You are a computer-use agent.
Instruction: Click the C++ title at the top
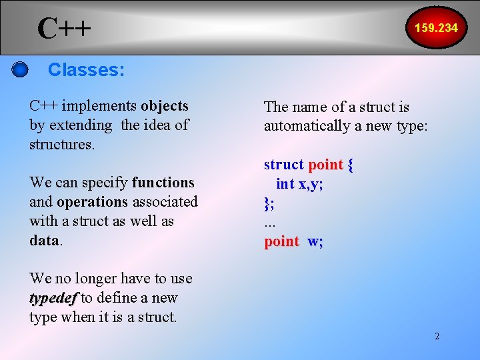click(x=64, y=29)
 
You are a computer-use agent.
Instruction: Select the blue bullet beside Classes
click(x=20, y=70)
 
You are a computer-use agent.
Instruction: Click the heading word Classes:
click(x=86, y=69)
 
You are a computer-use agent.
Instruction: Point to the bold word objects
click(x=165, y=106)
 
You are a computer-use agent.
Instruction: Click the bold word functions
click(x=163, y=183)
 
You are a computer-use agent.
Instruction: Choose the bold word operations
click(x=92, y=201)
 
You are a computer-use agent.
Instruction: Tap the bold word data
click(x=44, y=240)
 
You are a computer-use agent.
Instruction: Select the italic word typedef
click(x=53, y=298)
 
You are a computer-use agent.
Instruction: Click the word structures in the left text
click(x=61, y=144)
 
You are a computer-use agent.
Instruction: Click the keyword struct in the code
click(x=283, y=165)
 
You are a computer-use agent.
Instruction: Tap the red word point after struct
click(x=325, y=165)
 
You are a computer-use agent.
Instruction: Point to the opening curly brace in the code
click(x=351, y=165)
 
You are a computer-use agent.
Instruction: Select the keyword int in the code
click(x=285, y=184)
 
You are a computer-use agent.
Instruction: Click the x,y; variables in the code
click(x=311, y=184)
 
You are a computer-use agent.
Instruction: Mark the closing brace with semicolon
click(x=269, y=203)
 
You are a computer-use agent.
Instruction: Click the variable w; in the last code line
click(x=315, y=241)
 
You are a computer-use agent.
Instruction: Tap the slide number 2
click(x=437, y=336)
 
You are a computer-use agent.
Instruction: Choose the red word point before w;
click(x=281, y=241)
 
